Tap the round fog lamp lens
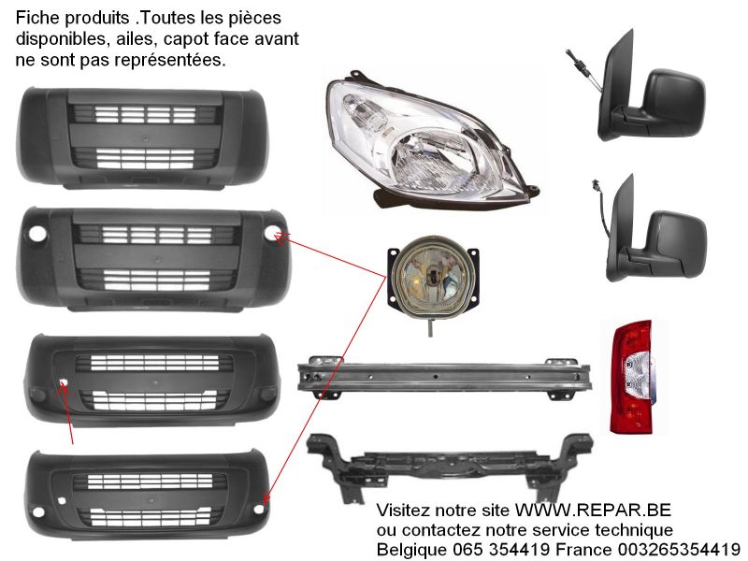[432, 276]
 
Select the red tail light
[632, 377]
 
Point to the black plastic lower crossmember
[450, 466]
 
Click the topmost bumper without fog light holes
[142, 137]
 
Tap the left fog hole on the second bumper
[37, 233]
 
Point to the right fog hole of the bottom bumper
[259, 509]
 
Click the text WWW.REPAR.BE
[593, 510]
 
